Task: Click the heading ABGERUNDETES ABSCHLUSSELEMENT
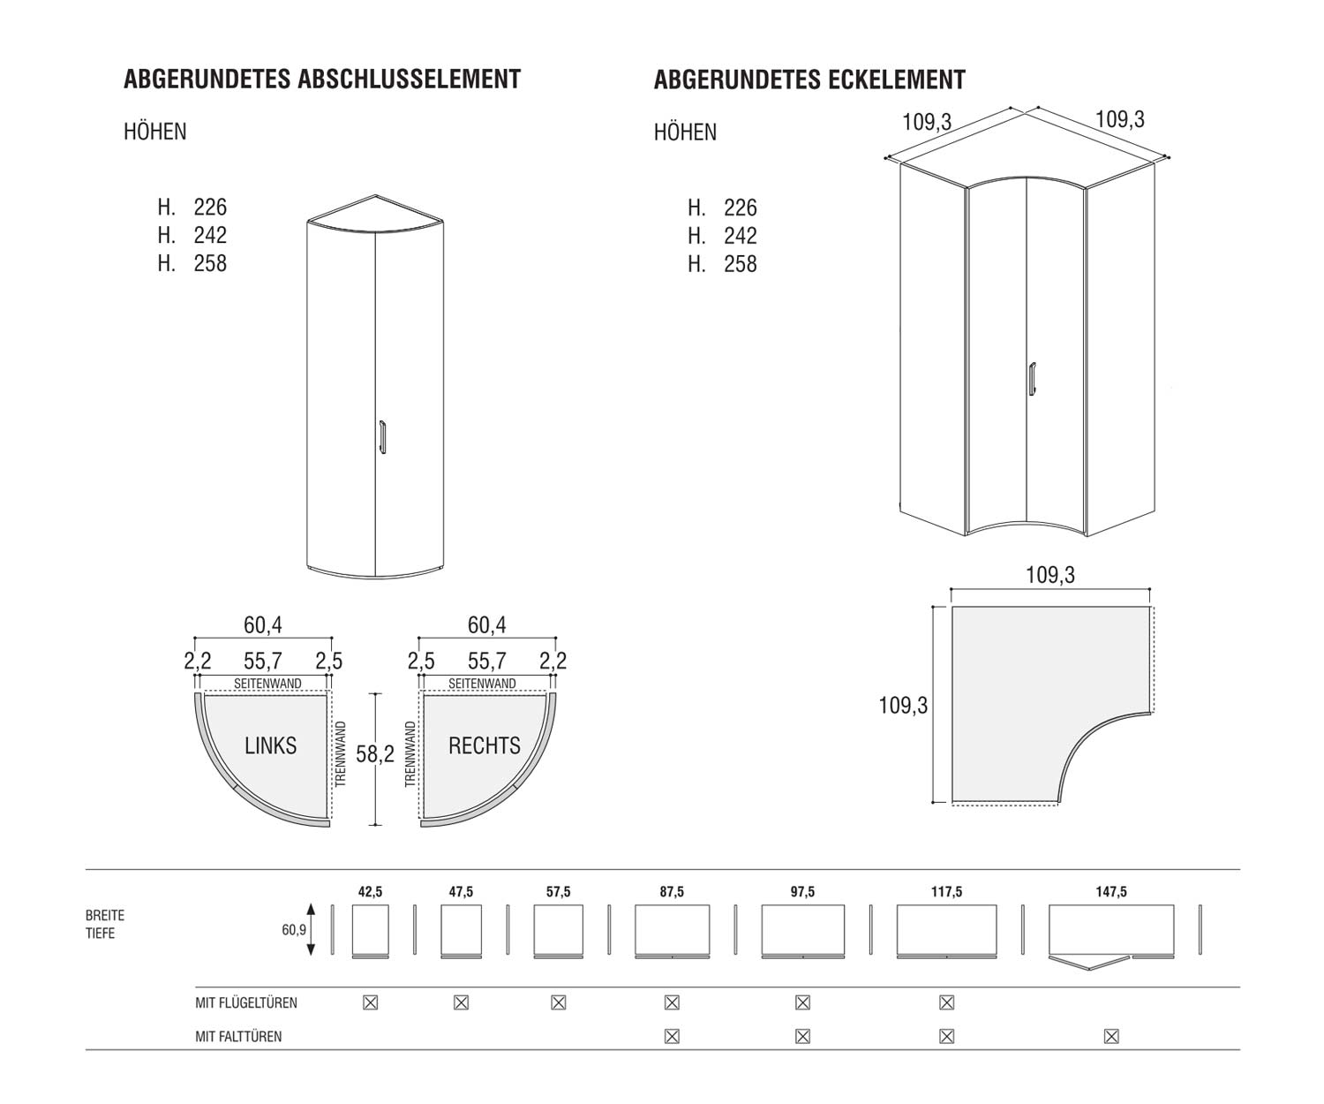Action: coord(322,79)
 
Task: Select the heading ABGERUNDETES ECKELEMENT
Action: coord(809,80)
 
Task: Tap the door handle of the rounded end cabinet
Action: coord(382,437)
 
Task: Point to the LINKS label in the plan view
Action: coord(270,745)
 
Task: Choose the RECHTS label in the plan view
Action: coord(485,745)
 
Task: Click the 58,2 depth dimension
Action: coord(374,754)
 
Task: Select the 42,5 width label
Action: coord(370,892)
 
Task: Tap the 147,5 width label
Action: coord(1111,892)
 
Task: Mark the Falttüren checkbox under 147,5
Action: coord(1111,1036)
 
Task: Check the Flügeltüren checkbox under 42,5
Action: coord(371,1002)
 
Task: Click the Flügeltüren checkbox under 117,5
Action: coord(946,1002)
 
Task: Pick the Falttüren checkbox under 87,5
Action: coord(672,1036)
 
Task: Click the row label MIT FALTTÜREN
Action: coord(238,1036)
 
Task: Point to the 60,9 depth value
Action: coord(294,929)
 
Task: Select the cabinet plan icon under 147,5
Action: coord(1111,933)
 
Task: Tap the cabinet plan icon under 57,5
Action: coord(558,930)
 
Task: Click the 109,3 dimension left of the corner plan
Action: coord(903,706)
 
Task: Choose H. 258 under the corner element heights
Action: coord(723,264)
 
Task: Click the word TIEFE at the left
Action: coord(101,934)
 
